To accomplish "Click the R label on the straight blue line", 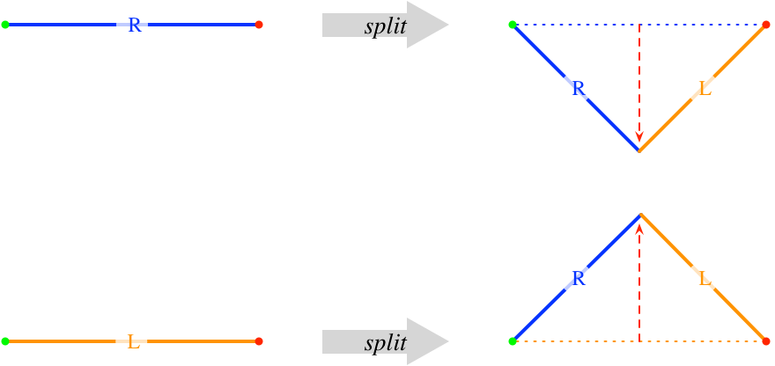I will pos(133,26).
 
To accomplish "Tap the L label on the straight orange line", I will pos(133,341).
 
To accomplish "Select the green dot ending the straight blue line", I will pos(5,25).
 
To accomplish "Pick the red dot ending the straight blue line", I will pos(259,25).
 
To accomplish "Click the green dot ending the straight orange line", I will pos(5,340).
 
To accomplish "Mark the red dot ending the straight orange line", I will pos(259,340).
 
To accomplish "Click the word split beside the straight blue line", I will pos(386,26).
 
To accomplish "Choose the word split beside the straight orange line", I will pos(386,342).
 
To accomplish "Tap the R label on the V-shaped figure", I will pos(577,89).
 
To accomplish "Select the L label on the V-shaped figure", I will pos(703,89).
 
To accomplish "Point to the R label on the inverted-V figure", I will pos(577,278).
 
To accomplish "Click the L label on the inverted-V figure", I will pos(703,278).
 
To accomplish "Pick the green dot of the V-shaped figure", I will pos(513,25).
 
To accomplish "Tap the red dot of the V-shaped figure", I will pos(765,25).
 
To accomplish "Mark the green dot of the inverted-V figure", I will pos(513,340).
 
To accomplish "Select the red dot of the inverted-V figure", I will pos(765,340).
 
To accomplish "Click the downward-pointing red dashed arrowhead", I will pos(639,137).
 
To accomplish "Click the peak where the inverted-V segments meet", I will pos(639,214).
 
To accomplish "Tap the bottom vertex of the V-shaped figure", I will pos(639,151).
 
